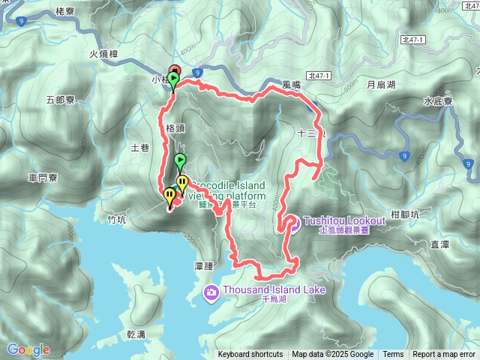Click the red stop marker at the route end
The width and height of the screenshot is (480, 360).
coord(175,70)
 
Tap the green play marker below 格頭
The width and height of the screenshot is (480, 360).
coord(180,160)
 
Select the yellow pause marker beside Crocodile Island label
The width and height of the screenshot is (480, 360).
coord(182,182)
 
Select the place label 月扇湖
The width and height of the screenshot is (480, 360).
coord(382,85)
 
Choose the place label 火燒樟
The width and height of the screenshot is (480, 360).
coord(104,54)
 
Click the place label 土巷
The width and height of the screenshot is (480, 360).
coord(140,148)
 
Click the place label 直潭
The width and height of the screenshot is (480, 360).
coord(439,243)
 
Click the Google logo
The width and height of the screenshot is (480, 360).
coord(28,349)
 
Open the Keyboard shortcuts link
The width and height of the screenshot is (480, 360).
coord(250,355)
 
